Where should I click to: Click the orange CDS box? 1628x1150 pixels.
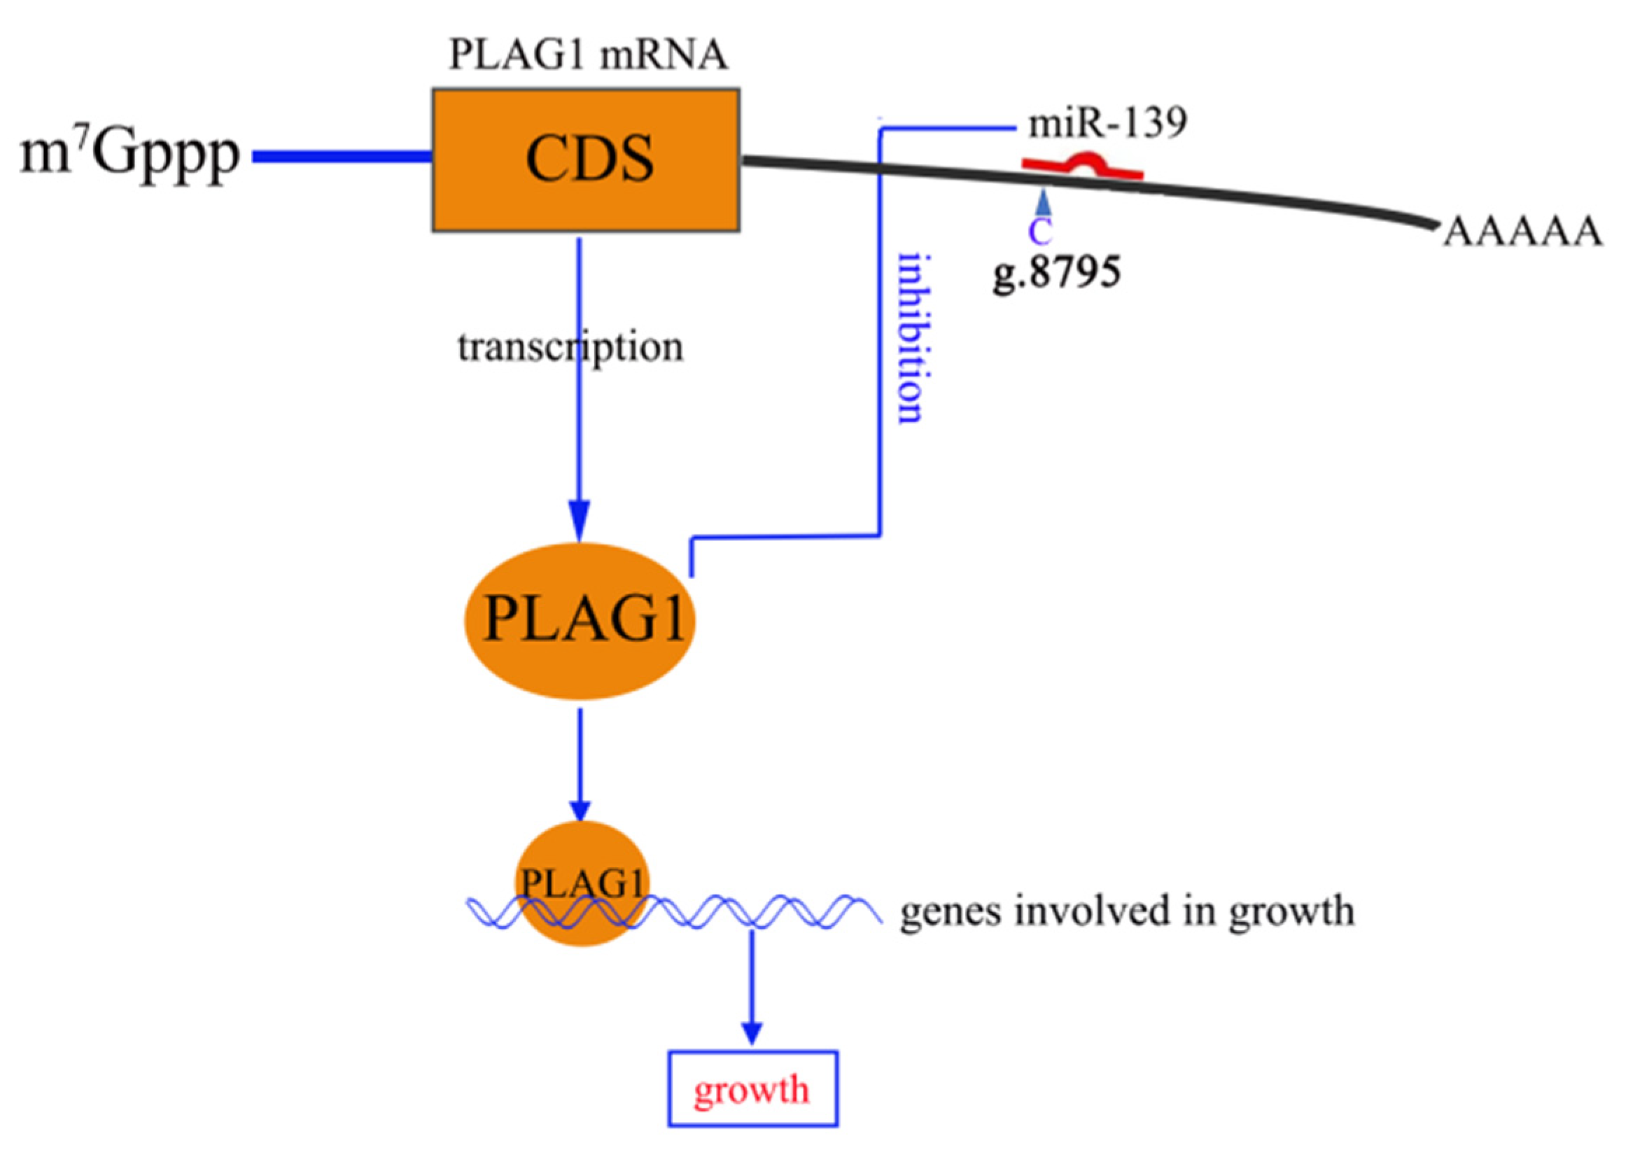(586, 160)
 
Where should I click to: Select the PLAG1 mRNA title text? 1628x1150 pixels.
(588, 56)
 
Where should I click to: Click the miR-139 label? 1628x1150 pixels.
(1107, 124)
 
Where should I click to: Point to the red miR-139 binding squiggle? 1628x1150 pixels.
(1083, 166)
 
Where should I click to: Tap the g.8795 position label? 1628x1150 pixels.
(1055, 272)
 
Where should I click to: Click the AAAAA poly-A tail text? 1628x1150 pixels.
(1522, 232)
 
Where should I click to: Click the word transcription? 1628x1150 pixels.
(571, 348)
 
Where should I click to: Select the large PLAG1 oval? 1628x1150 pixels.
(580, 620)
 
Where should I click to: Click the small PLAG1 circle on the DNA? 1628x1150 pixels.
(582, 884)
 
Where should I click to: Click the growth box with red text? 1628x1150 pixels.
(753, 1090)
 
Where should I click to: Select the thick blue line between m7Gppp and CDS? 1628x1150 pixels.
(342, 157)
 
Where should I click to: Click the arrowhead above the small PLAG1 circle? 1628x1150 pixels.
(580, 809)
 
